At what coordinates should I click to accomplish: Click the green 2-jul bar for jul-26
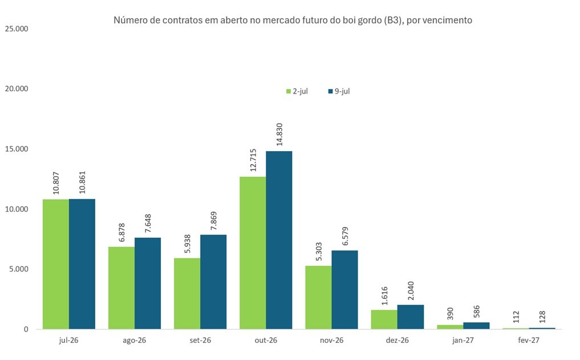point(56,264)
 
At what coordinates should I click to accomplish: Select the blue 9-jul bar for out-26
point(279,240)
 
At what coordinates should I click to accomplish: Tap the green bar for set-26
point(187,293)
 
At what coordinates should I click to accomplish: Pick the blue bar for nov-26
point(344,290)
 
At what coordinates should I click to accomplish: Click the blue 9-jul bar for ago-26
point(148,284)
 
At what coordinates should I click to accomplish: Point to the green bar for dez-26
point(384,319)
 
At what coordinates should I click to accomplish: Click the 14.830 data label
point(279,135)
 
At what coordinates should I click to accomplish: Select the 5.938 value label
point(188,244)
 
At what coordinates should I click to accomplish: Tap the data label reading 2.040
point(411,291)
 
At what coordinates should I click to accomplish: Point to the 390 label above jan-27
point(450,314)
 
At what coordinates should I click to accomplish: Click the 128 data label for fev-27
point(542,317)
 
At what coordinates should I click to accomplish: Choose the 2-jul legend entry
point(297,91)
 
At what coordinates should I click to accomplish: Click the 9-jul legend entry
point(339,91)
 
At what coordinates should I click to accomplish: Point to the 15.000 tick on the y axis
point(17,149)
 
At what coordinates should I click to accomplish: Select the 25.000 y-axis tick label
point(17,29)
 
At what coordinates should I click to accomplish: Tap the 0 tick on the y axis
point(26,329)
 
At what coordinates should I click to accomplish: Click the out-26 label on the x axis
point(266,341)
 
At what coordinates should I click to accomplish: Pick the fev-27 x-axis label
point(529,341)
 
